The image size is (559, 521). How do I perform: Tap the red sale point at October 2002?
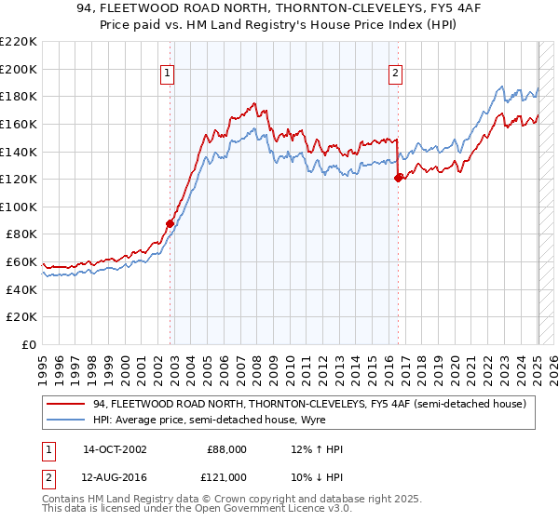[170, 223]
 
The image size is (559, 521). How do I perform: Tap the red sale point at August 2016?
[399, 178]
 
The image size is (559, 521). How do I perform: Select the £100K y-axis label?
[20, 207]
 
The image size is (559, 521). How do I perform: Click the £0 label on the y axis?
[29, 344]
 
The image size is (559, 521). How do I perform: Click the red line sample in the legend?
[67, 404]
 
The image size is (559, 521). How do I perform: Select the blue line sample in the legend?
[67, 421]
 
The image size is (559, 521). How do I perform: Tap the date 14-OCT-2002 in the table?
[115, 449]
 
